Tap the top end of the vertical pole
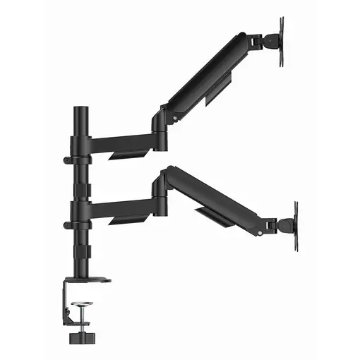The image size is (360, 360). pos(80,112)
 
